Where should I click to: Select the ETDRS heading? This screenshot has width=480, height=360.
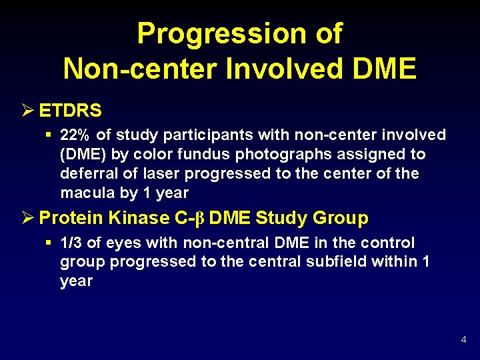69,109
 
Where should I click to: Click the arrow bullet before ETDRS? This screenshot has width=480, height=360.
27,109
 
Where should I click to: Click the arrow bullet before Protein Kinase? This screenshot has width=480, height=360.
27,218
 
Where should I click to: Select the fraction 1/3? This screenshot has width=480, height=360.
71,243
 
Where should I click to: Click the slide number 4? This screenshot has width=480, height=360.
463,341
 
